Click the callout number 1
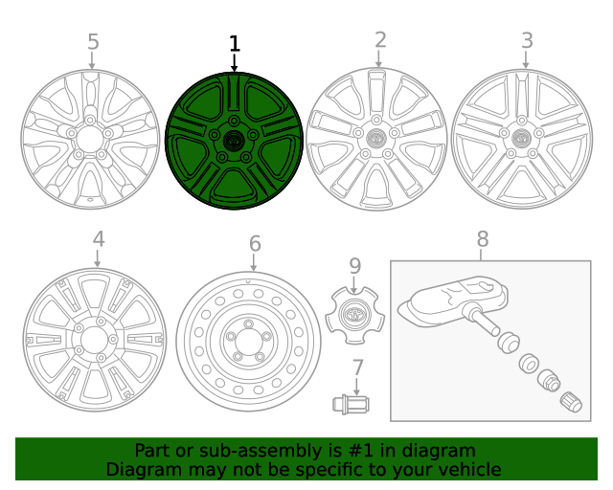tap(235, 44)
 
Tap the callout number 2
tap(380, 40)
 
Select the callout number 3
tap(527, 40)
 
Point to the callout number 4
tap(98, 239)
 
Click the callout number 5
tap(93, 42)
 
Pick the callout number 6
tap(254, 244)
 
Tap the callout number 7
tap(357, 367)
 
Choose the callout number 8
tap(482, 239)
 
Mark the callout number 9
tap(354, 266)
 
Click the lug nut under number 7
tap(350, 405)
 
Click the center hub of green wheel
tap(234, 140)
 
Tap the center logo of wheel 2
tap(375, 138)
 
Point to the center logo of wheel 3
tap(522, 139)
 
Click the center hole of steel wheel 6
tap(248, 341)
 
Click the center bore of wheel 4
tap(94, 340)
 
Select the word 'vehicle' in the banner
tap(468, 469)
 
